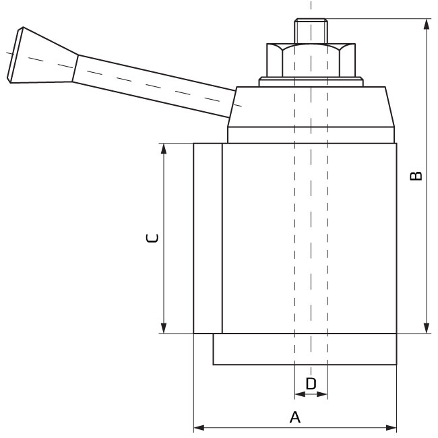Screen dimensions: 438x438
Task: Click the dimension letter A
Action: (294, 418)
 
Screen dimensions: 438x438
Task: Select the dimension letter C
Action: (153, 238)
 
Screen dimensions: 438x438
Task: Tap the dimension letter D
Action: (311, 383)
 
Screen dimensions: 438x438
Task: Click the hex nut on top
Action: (310, 61)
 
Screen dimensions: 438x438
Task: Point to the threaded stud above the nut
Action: (310, 31)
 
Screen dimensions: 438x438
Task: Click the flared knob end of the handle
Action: (40, 56)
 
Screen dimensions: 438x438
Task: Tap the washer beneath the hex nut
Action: (310, 83)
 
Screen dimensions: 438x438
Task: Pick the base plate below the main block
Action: (303, 349)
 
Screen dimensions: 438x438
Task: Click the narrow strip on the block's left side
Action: (208, 238)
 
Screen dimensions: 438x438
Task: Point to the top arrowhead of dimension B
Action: (427, 24)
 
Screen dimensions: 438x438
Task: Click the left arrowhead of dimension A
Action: (199, 427)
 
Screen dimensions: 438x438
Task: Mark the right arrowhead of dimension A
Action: (392, 427)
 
